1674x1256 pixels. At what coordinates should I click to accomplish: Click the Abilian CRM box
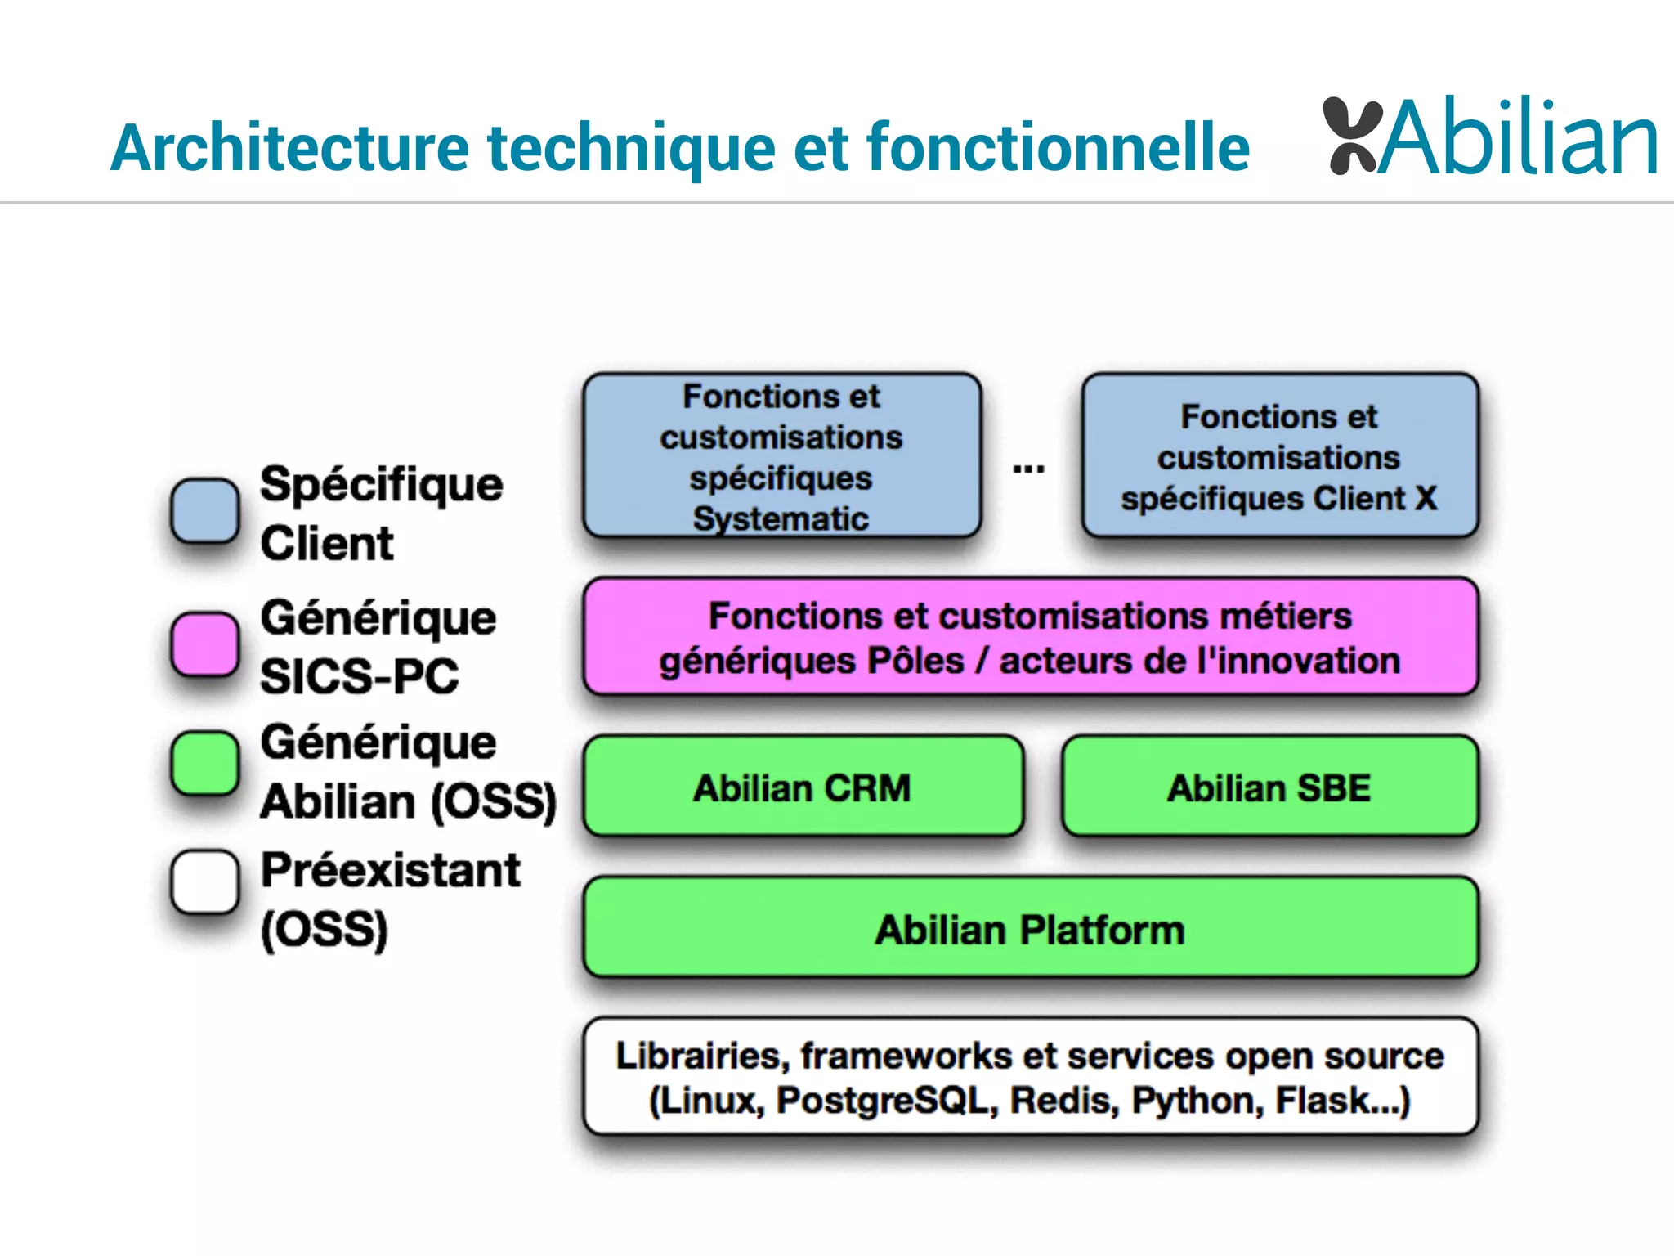(803, 787)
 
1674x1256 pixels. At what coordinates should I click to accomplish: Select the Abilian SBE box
(1269, 787)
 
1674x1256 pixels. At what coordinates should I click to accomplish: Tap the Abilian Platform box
(1030, 929)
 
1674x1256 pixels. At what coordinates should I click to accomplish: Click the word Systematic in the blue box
(781, 518)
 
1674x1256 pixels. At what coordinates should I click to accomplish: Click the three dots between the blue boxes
(1028, 469)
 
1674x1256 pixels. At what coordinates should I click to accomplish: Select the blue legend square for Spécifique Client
(205, 511)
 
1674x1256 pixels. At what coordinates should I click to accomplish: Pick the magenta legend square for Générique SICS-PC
(205, 644)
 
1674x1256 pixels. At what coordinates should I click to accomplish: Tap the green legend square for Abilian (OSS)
(205, 763)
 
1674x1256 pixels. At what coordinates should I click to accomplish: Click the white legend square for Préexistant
(205, 881)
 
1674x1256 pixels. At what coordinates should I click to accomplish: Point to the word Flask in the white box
(1323, 1100)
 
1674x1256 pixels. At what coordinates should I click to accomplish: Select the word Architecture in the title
(290, 148)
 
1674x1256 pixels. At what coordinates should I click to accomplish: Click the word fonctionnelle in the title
(1058, 148)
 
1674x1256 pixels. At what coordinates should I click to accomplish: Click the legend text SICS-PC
(360, 676)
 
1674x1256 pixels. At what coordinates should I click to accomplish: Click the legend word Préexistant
(391, 869)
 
